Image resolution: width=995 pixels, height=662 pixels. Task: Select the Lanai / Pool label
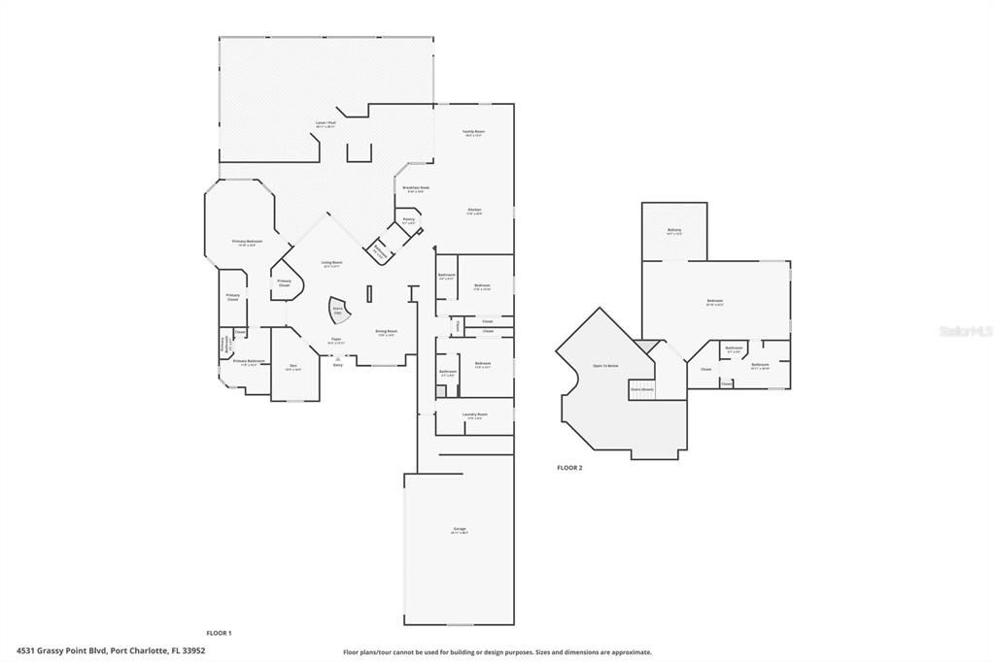(326, 124)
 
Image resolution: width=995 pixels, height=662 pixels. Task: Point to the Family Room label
(473, 133)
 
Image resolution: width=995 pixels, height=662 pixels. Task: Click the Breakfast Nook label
(417, 189)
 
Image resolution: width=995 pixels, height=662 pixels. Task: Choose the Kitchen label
(474, 211)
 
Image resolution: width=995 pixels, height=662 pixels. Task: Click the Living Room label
(332, 263)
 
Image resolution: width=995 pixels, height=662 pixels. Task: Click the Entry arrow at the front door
(338, 361)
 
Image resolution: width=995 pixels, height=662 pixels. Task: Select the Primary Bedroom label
(245, 243)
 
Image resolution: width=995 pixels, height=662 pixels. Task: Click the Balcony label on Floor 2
(674, 231)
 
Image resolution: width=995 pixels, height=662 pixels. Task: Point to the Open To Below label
(605, 366)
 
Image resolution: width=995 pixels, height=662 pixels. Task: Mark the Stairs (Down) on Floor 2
(642, 388)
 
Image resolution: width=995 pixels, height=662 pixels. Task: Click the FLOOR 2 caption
(569, 468)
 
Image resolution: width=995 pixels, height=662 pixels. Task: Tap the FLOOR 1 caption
(219, 633)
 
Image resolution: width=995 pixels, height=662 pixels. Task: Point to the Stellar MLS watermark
(964, 331)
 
